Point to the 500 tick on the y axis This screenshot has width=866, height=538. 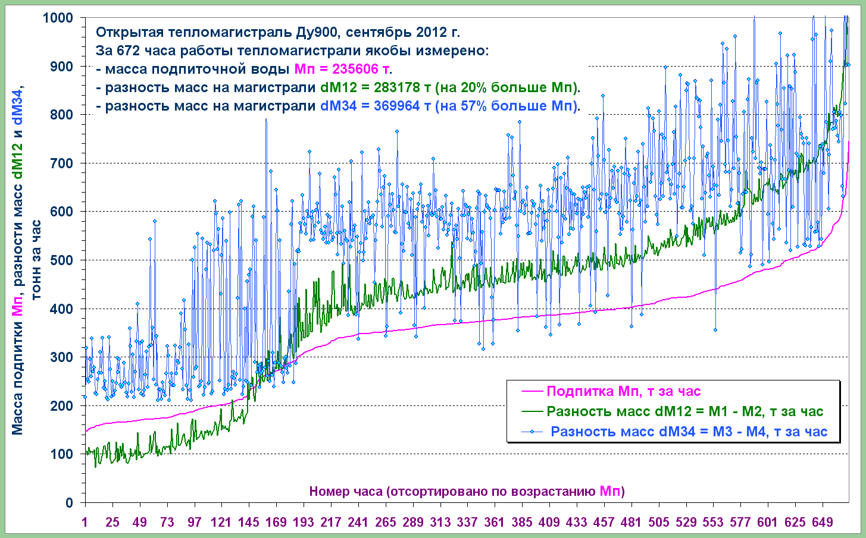coord(62,260)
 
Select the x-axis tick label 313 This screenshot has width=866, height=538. coord(440,523)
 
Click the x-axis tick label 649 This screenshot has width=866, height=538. coord(823,523)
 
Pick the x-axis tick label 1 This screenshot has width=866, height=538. coord(86,523)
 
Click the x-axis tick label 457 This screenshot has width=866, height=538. coord(604,523)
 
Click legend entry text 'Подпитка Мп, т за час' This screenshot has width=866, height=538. coord(623,392)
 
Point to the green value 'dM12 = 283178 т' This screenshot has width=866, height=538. coord(376,88)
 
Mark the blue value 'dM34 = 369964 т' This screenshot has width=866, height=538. coord(376,106)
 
